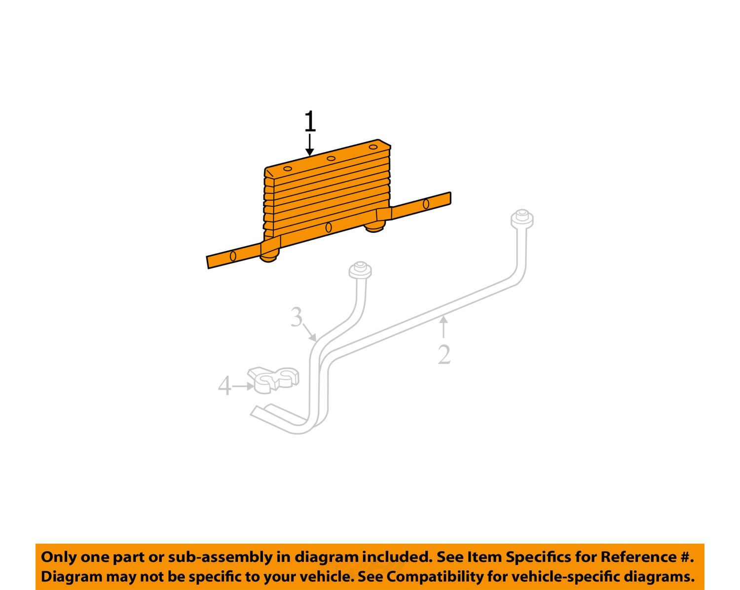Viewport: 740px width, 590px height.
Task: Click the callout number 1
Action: pos(310,121)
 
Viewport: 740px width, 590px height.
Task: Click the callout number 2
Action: pos(444,355)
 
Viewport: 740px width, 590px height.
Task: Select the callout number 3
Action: pos(296,317)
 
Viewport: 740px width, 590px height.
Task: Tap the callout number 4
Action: pos(224,386)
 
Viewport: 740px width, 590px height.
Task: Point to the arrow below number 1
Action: pos(310,145)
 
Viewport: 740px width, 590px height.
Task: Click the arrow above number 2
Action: pos(444,327)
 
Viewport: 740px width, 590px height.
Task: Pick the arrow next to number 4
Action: pos(243,386)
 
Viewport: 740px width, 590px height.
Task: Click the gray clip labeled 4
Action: pos(273,380)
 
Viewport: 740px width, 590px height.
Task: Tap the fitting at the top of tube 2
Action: pos(522,219)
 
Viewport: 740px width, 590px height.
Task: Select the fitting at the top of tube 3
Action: pos(360,271)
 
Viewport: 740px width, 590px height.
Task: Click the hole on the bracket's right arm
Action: pos(426,204)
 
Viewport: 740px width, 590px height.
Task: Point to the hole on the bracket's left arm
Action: pos(233,256)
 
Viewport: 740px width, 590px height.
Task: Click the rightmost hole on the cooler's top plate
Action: pos(373,147)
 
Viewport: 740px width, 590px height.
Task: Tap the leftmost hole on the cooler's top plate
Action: pos(288,169)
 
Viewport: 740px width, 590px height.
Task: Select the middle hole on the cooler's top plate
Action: pos(331,158)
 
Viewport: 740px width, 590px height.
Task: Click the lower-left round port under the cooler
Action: pos(268,257)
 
